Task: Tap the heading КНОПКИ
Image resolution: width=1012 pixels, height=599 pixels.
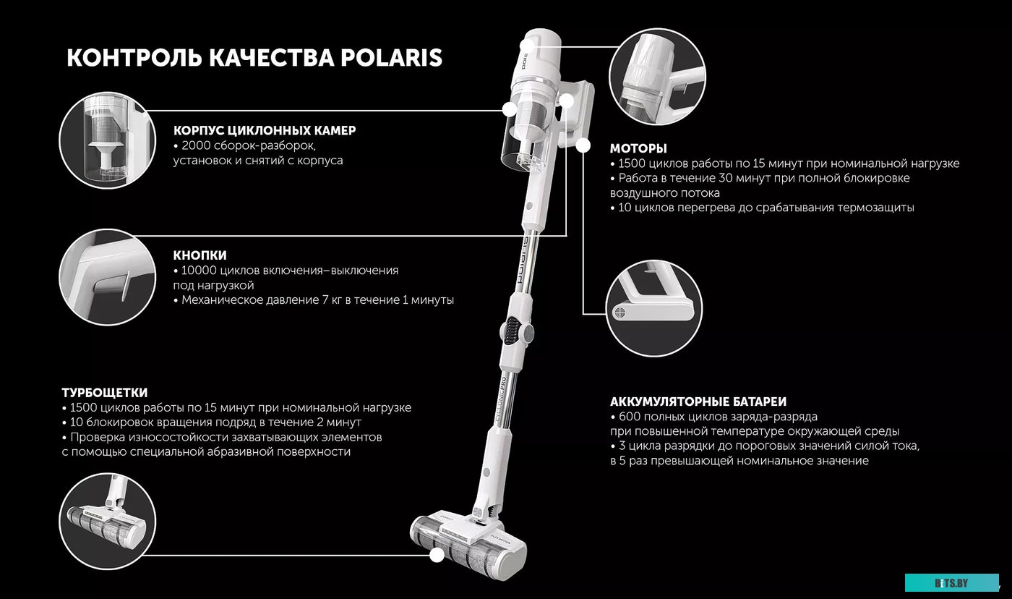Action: pos(200,255)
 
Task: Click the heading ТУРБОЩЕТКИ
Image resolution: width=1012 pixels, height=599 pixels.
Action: pos(105,393)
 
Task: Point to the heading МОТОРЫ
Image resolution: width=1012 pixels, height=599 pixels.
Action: pos(638,148)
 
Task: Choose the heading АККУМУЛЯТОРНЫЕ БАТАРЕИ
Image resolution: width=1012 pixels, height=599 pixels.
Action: pos(698,402)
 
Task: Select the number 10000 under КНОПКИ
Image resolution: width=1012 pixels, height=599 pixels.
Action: pos(199,271)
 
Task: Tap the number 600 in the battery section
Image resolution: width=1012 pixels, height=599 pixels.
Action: pos(629,417)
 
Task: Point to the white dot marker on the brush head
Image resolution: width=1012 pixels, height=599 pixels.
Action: pos(437,556)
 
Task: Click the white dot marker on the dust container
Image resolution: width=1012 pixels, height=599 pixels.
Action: pos(510,110)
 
